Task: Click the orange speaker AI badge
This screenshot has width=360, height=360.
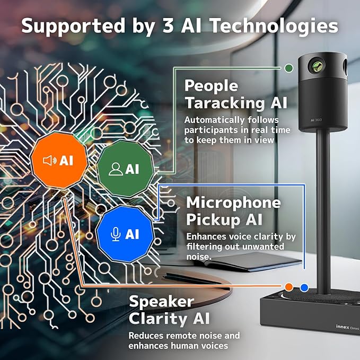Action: point(59,161)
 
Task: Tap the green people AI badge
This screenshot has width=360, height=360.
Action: point(125,169)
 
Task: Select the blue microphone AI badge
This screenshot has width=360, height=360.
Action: point(125,234)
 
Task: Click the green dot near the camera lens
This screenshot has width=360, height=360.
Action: point(288,68)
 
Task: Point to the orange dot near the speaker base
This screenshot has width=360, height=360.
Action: point(289,287)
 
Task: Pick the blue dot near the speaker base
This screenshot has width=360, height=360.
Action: point(304,287)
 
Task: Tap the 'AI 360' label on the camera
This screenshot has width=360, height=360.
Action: point(316,120)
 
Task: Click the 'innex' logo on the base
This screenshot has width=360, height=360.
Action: point(343,327)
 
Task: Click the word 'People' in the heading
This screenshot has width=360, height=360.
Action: point(211,86)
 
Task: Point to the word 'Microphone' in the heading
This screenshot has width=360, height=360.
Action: point(233,203)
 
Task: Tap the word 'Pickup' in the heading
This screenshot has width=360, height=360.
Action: point(209,220)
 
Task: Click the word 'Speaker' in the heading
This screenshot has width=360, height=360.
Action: point(161,302)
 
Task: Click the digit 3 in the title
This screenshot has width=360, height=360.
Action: point(168,25)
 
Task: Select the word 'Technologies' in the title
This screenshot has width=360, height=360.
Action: point(274,26)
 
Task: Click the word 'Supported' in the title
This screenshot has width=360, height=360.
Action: point(73,26)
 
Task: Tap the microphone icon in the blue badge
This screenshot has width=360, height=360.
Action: point(116,234)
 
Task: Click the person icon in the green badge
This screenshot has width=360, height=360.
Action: point(116,169)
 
